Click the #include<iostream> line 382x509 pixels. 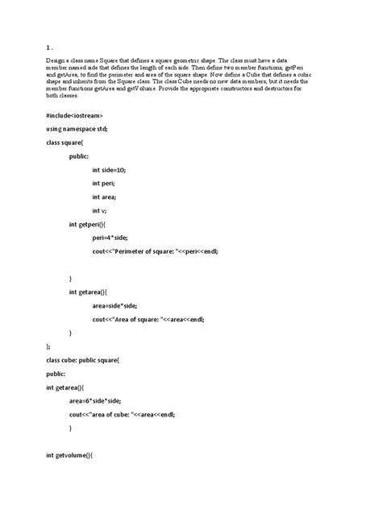[x=74, y=115]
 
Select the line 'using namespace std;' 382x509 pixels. [x=77, y=129]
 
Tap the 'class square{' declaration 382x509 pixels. [x=65, y=143]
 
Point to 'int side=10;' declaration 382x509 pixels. [x=109, y=170]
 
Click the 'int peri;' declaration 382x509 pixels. [x=105, y=184]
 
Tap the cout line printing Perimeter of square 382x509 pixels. [x=155, y=251]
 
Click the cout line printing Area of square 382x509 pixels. [x=148, y=319]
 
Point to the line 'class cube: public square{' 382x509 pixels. [x=83, y=360]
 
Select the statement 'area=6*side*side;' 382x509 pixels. [x=95, y=400]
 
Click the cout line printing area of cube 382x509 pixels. [x=122, y=414]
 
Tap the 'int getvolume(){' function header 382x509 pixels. [x=70, y=455]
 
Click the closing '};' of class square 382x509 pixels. [x=49, y=346]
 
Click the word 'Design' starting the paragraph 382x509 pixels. [x=56, y=60]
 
